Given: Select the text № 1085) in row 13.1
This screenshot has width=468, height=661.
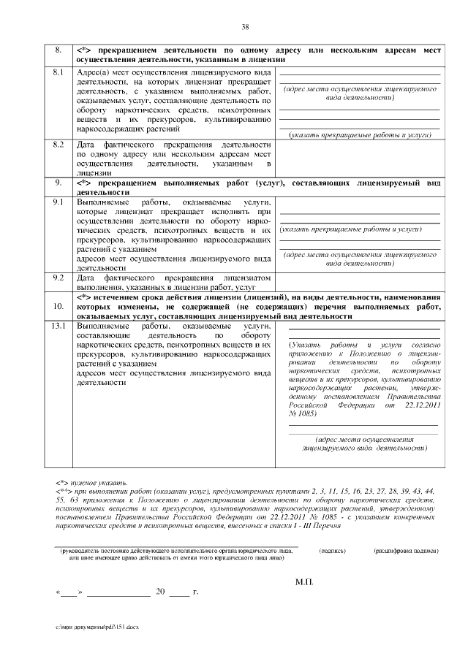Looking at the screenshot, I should pos(295,413).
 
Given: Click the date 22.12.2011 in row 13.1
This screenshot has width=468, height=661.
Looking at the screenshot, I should pos(420,404).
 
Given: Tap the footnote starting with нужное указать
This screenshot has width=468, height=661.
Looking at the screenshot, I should pos(91,483).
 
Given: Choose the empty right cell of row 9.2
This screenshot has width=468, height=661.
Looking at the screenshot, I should pos(359,283).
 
